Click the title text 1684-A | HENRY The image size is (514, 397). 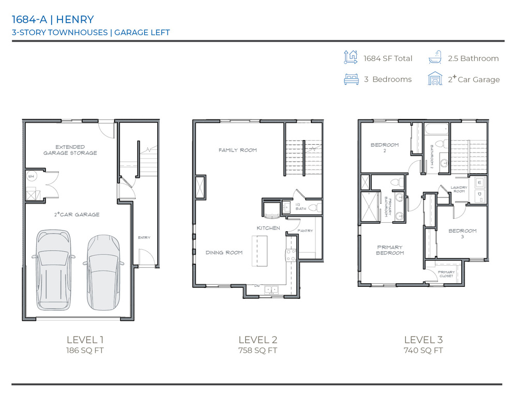[53, 20]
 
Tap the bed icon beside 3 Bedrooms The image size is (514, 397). [351, 79]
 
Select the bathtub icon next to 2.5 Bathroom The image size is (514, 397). [435, 58]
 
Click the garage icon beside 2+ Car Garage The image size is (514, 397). [435, 79]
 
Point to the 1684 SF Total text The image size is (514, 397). [388, 58]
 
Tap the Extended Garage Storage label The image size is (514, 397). [70, 150]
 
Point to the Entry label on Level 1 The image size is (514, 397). [144, 237]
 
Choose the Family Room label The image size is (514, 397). [237, 150]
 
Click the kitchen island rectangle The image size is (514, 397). [259, 251]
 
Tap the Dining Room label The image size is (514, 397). [224, 252]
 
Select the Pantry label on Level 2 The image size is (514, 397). [305, 231]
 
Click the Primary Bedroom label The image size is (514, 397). [389, 250]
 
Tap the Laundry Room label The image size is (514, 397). [459, 189]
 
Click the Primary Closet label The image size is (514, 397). [446, 274]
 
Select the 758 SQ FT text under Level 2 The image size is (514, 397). [258, 350]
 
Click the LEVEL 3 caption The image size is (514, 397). [423, 340]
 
